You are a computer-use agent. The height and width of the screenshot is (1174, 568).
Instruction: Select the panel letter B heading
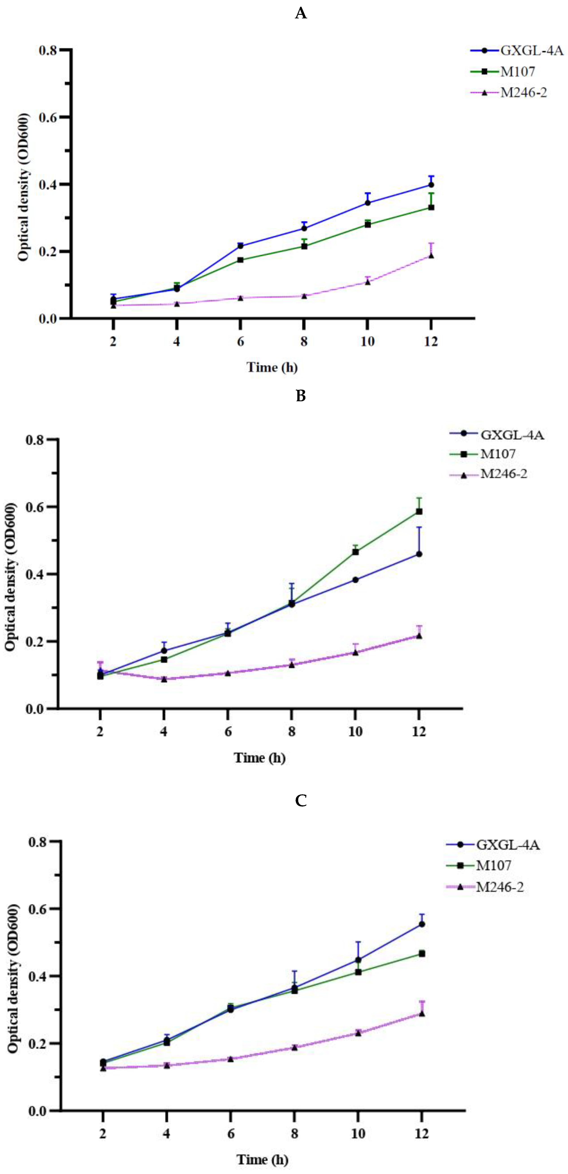[301, 396]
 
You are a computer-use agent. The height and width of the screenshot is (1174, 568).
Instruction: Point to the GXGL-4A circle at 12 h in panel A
[431, 184]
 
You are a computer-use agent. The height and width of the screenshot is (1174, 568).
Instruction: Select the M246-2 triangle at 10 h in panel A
[367, 282]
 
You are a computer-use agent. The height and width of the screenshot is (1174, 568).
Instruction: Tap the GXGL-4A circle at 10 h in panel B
[355, 580]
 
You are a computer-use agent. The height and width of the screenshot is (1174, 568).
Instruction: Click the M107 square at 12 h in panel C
[422, 953]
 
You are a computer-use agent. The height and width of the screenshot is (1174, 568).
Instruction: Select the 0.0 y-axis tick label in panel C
[37, 1111]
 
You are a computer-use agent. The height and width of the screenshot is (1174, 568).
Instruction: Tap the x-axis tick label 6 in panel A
[240, 341]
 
